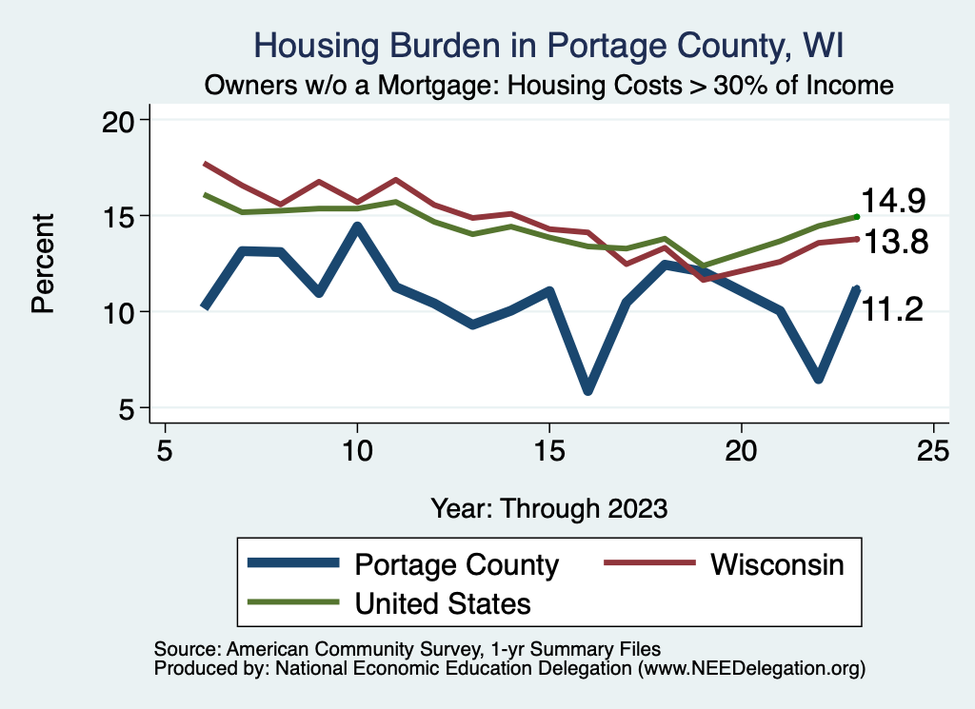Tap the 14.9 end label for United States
tap(893, 201)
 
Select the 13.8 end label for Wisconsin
tap(893, 243)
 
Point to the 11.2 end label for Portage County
tap(891, 308)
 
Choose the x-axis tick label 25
tap(933, 449)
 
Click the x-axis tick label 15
tap(548, 449)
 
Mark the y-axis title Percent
tap(42, 264)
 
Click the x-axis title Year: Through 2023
tap(548, 507)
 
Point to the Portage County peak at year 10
tap(357, 226)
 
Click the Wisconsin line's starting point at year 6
tap(205, 164)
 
